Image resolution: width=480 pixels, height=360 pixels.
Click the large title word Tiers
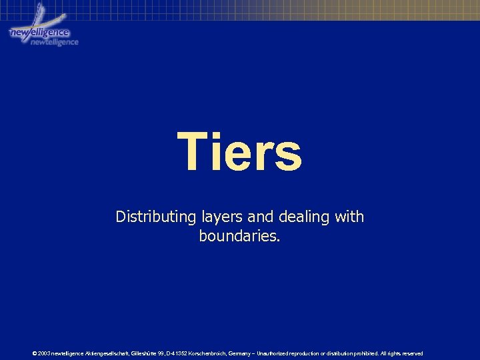[x=239, y=151]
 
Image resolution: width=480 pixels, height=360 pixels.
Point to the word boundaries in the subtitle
[x=239, y=236]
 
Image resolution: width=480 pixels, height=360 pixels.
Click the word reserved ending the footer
[x=411, y=353]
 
